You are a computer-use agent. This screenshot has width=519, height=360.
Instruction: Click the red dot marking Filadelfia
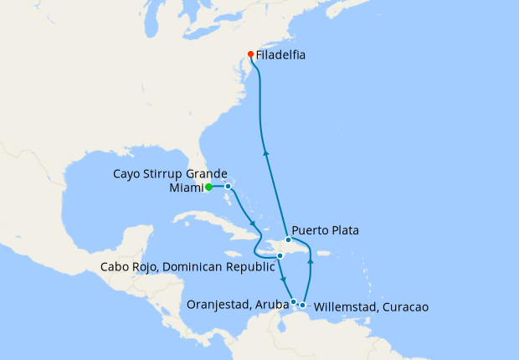[x=249, y=55]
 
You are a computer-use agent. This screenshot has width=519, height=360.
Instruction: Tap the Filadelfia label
[x=280, y=55]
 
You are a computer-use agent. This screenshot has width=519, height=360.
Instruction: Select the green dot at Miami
[x=208, y=187]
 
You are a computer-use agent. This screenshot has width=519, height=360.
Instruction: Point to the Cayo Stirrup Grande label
[x=170, y=173]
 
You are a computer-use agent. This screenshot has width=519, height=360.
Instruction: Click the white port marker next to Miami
[x=228, y=187]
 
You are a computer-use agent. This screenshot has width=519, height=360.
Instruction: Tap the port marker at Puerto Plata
[x=288, y=239]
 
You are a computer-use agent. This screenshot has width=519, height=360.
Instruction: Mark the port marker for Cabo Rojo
[x=280, y=255]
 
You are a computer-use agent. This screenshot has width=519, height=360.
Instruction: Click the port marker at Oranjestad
[x=293, y=301]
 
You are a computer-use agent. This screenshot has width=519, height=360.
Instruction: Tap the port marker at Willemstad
[x=302, y=304]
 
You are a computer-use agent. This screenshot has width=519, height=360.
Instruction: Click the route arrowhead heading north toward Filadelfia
[x=265, y=152]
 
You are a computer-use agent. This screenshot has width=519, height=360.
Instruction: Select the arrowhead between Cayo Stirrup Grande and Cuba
[x=253, y=223]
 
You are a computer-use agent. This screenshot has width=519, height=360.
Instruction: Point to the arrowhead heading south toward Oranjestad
[x=285, y=280]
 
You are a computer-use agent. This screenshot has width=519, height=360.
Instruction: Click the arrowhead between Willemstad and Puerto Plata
[x=311, y=261]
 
